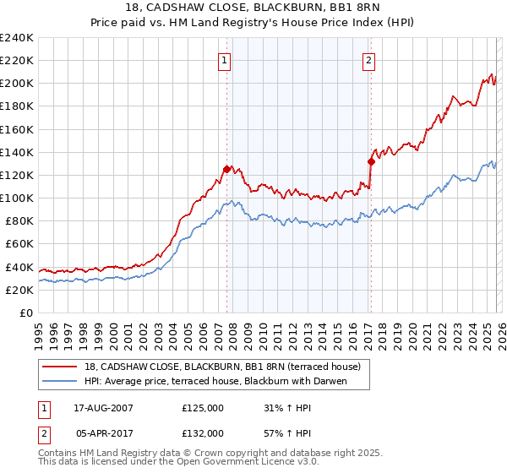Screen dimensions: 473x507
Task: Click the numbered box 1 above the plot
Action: pos(225,60)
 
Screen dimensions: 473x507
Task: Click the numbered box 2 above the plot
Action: pos(370,60)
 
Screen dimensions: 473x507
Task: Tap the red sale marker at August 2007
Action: pos(226,169)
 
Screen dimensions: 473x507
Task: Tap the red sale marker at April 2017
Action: pos(371,161)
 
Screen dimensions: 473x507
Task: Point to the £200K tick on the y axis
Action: pos(17,84)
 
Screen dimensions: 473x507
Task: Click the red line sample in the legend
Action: pos(59,367)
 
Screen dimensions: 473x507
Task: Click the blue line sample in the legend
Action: pos(59,381)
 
